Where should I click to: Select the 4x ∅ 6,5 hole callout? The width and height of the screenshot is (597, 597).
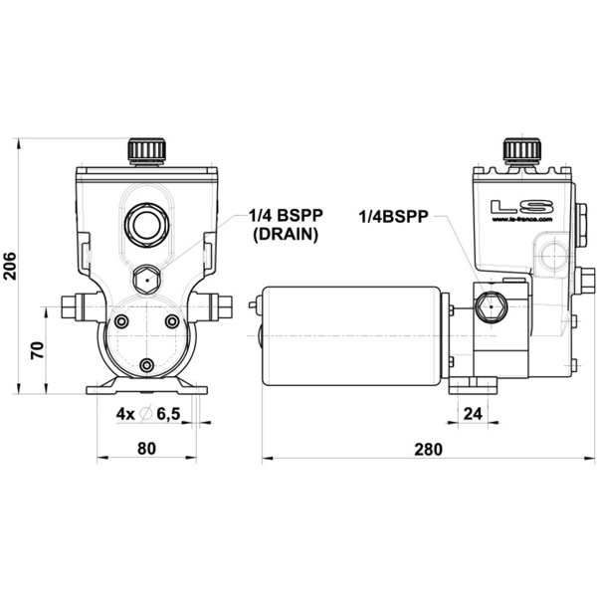147,414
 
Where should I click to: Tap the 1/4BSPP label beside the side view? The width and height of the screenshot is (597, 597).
393,216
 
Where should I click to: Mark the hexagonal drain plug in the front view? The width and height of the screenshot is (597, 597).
145,281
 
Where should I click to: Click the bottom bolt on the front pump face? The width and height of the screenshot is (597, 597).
146,367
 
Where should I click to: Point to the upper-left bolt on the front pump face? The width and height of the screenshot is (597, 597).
121,322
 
